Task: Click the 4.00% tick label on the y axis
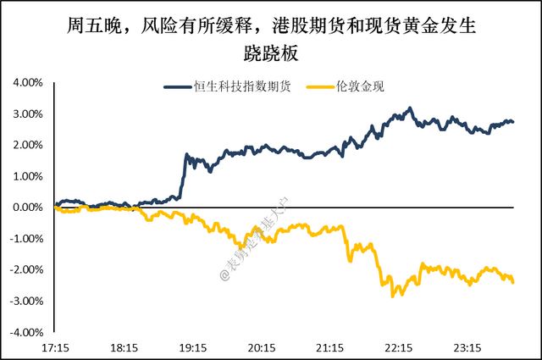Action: click(x=27, y=83)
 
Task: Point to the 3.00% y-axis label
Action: click(x=27, y=114)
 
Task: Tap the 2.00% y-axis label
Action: click(x=27, y=145)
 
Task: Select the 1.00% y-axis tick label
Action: click(x=27, y=176)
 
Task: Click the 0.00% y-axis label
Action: click(x=27, y=208)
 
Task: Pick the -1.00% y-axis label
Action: click(x=25, y=239)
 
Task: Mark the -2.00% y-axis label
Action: click(x=25, y=269)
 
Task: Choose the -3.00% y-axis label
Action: click(x=25, y=301)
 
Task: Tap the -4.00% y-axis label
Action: click(x=25, y=332)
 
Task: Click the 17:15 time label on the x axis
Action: click(x=55, y=347)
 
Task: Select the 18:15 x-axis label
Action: click(x=124, y=347)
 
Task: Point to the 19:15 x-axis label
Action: click(x=192, y=347)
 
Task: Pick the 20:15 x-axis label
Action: click(x=261, y=347)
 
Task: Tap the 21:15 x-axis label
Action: click(x=329, y=347)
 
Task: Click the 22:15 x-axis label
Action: click(x=399, y=347)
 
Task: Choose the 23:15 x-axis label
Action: click(x=467, y=347)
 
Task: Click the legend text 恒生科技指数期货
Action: click(x=241, y=86)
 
